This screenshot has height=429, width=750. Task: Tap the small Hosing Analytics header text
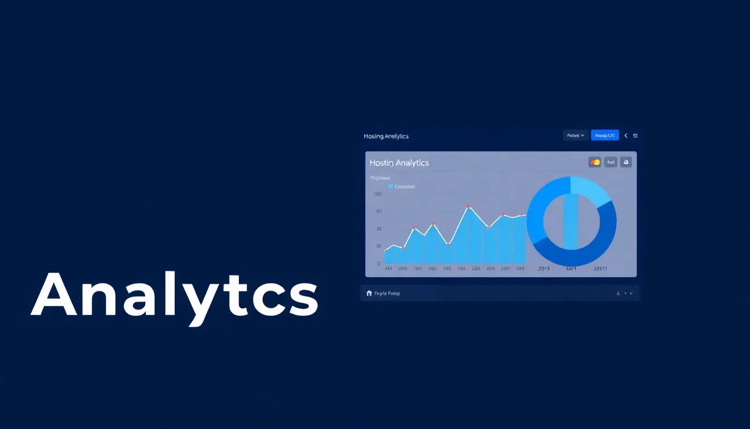coord(386,136)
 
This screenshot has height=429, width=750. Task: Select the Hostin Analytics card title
coord(399,163)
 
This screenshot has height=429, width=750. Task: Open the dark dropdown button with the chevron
coord(575,135)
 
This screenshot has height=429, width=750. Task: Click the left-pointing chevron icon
coord(626,136)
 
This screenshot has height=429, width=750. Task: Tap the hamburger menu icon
coord(636,136)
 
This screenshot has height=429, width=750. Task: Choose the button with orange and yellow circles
coord(595,163)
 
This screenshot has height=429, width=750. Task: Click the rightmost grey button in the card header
coord(626,163)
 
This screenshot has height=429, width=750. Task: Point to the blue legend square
coord(391,187)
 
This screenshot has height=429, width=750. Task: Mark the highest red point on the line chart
coord(468,207)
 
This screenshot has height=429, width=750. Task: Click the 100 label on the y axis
coord(377,194)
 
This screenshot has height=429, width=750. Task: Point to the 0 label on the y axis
coord(378,263)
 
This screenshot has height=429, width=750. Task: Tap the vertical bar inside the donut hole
coord(570,221)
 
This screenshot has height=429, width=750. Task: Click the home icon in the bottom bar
coord(369,293)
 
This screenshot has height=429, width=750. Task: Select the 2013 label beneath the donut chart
coord(544,269)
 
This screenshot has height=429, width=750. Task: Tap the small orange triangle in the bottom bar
coord(618,293)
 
